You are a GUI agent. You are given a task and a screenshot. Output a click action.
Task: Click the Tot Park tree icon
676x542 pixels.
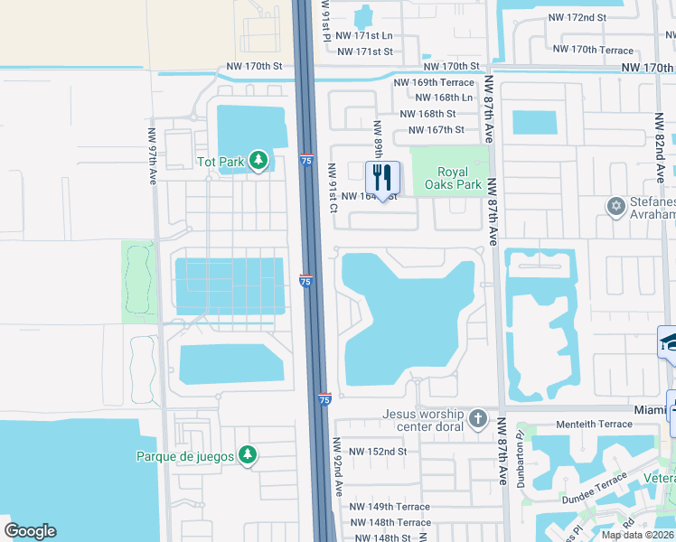click(259, 162)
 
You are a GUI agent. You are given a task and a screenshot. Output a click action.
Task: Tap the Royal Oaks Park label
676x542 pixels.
click(453, 178)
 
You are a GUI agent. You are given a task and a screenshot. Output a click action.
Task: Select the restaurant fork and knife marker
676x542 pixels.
click(382, 176)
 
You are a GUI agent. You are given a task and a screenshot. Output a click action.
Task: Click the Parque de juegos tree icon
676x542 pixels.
click(247, 455)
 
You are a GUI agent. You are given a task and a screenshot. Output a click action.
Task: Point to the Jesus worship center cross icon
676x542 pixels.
click(478, 419)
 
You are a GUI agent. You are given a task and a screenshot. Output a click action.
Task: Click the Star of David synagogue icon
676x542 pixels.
click(618, 207)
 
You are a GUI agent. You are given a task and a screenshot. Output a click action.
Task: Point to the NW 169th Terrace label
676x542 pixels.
click(433, 82)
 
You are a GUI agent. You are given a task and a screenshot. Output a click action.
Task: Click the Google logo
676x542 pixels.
click(30, 531)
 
